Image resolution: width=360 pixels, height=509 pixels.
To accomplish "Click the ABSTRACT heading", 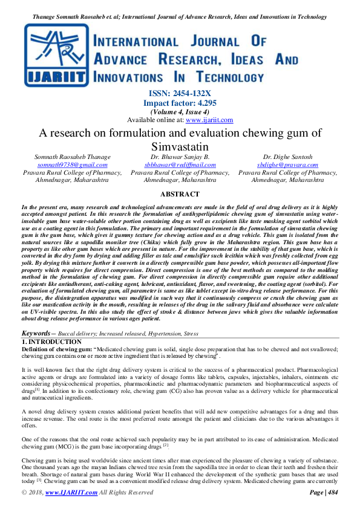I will coord(179,194).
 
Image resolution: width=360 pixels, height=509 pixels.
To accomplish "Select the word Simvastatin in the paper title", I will coord(179,147).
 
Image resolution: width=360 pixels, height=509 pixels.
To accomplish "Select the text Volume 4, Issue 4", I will coord(180,112).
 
